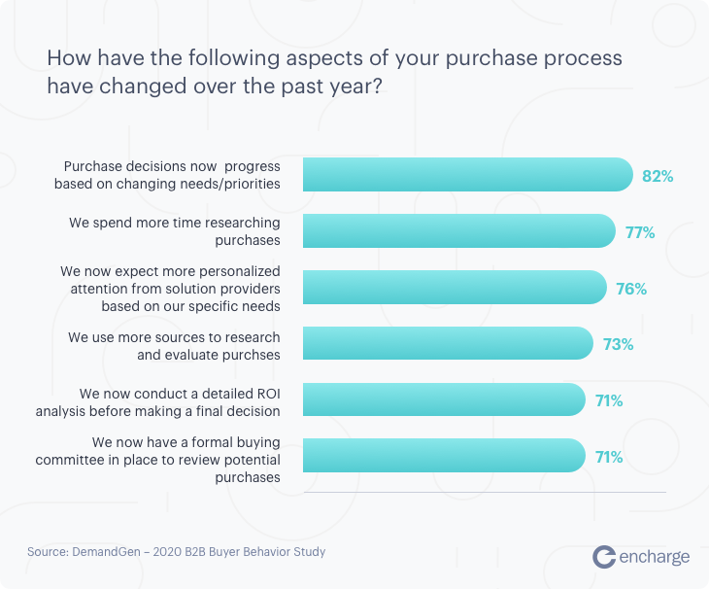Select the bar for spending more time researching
459,231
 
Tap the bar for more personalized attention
456,288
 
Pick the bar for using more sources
448,344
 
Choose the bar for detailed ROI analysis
444,399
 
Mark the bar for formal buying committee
444,456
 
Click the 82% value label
658,177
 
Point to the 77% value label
639,232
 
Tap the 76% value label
631,289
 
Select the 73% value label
618,344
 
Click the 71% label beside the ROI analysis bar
609,400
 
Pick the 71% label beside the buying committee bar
609,457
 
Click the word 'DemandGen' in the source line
107,552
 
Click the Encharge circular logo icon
604,556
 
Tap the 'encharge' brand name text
655,557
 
